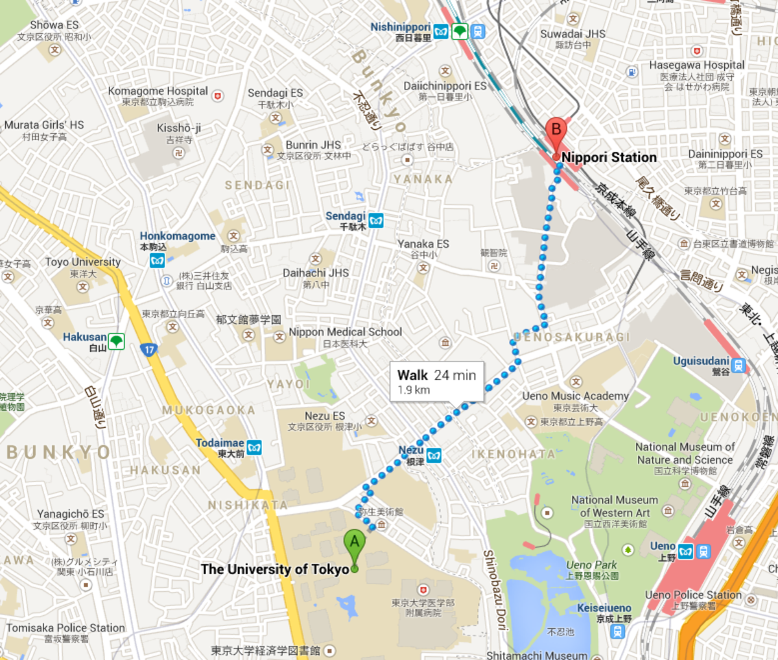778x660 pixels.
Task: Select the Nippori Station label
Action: pos(609,157)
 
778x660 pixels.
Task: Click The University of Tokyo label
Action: pos(275,569)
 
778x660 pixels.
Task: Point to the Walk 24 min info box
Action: pos(437,382)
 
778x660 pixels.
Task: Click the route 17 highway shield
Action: pos(149,349)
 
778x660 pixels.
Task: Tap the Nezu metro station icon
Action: pos(434,455)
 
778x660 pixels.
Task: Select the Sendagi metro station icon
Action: pos(375,221)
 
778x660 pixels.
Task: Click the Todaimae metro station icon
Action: pos(254,448)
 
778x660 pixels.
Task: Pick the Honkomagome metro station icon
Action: pos(157,260)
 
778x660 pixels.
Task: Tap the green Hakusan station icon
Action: pos(116,341)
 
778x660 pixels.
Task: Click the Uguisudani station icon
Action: pos(738,365)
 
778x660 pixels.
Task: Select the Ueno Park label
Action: pos(591,565)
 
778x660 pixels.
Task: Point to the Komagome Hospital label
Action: pos(158,92)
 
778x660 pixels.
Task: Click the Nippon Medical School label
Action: pos(346,332)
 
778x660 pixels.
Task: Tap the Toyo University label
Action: pos(82,262)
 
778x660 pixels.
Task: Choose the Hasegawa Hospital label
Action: pos(696,65)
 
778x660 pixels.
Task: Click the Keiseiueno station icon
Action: pos(617,631)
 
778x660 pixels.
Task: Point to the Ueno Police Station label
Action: pos(692,594)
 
